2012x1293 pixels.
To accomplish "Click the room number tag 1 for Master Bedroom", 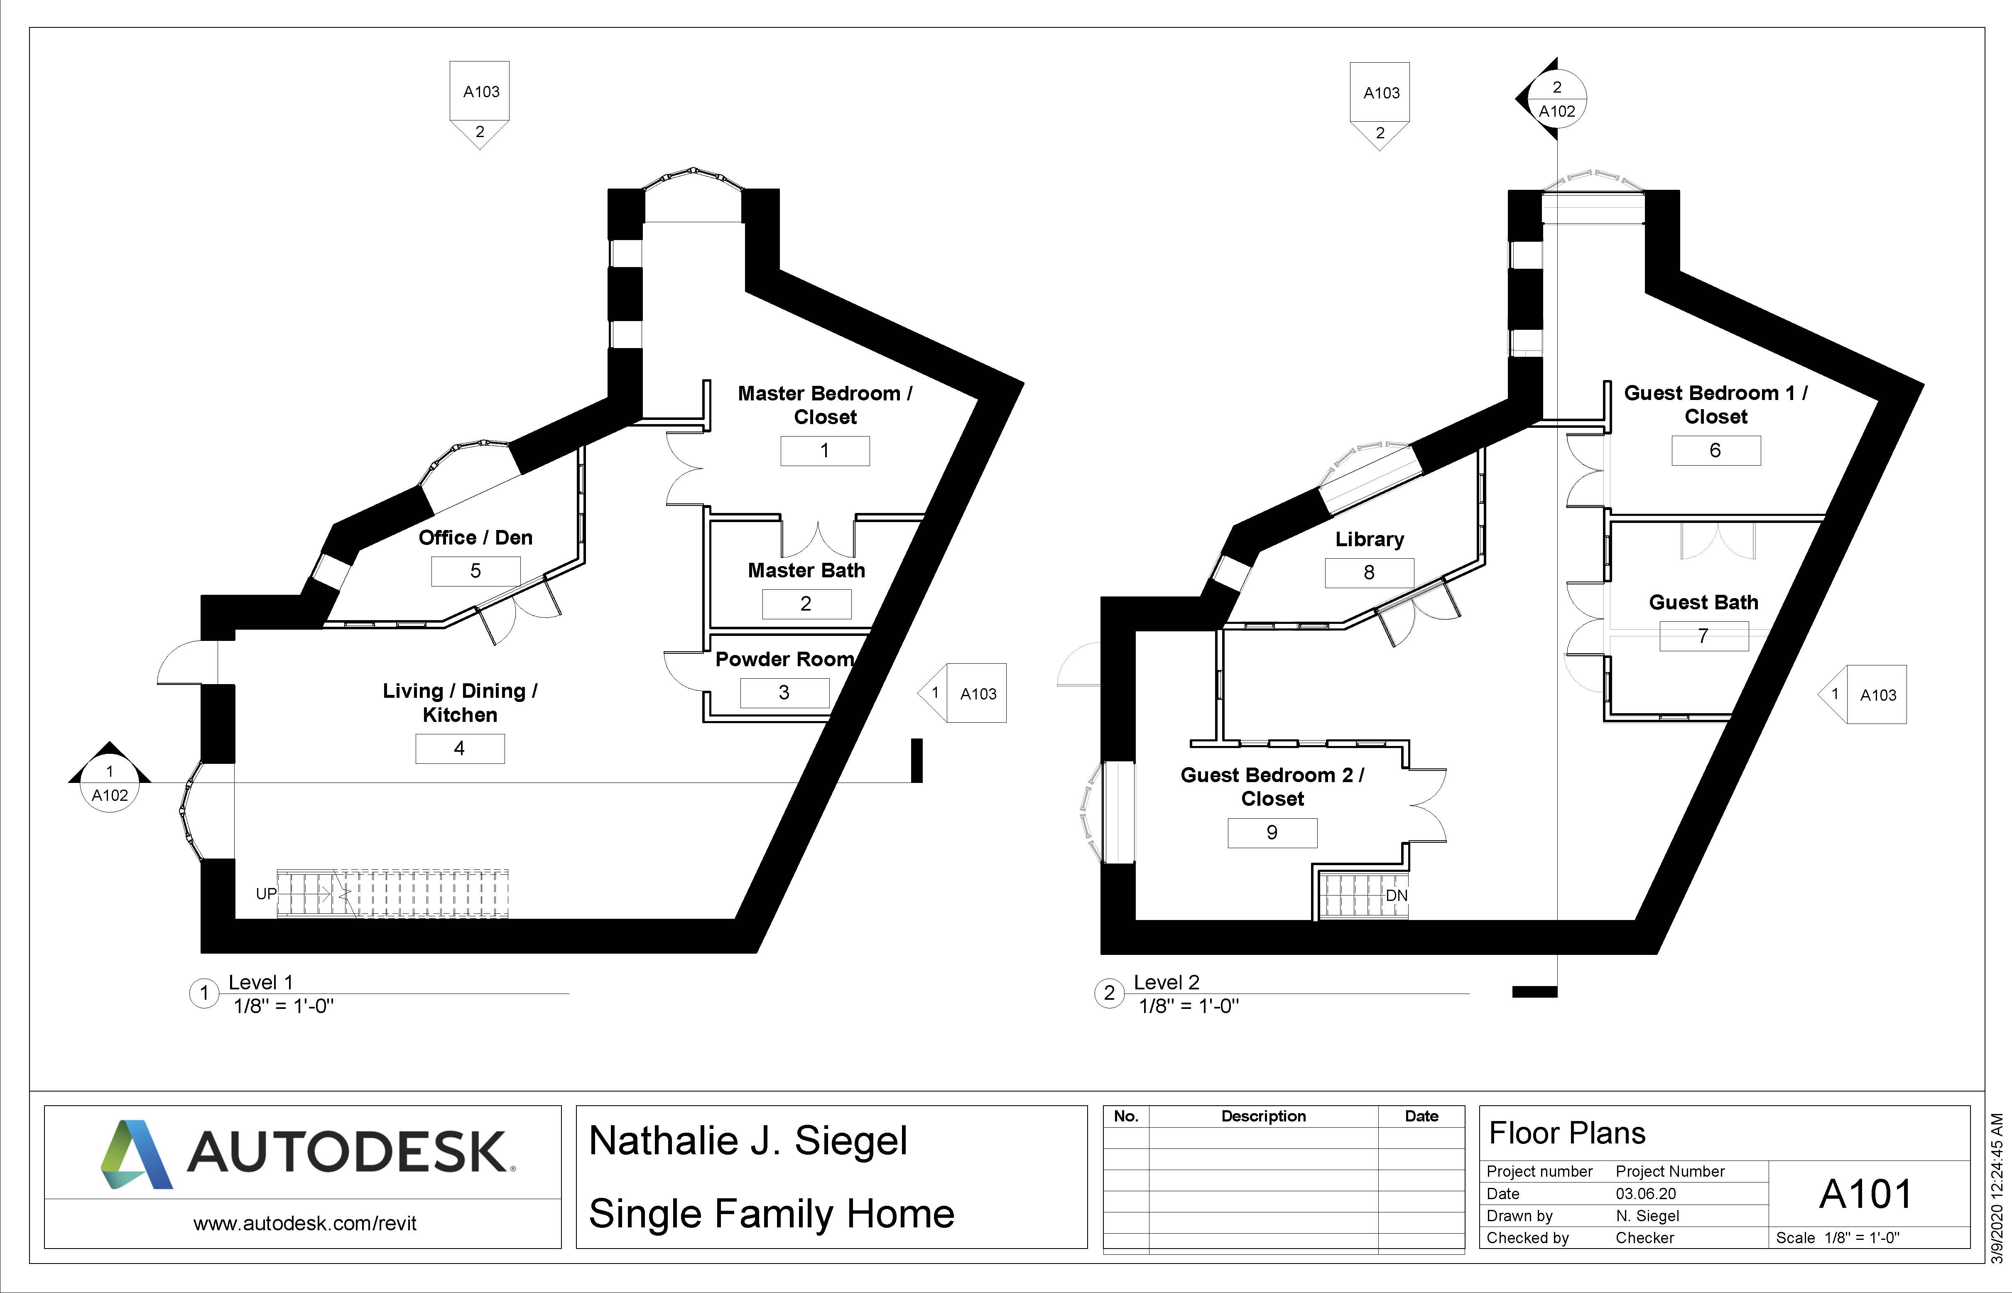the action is click(824, 451).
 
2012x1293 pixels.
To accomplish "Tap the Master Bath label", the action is click(806, 571).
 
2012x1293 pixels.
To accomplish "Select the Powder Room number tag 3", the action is click(784, 693).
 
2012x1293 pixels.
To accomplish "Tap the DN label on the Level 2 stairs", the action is click(1396, 896).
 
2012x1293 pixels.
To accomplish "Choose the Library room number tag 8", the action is click(1369, 573).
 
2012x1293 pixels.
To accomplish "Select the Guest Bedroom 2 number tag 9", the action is click(1272, 833).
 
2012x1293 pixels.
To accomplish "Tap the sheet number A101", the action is click(1865, 1194).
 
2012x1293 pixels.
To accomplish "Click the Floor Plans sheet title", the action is click(1566, 1134).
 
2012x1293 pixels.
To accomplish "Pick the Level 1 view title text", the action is click(260, 982).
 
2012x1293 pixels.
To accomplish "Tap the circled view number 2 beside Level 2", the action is click(1109, 993).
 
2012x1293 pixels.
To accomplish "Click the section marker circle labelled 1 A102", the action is click(109, 783).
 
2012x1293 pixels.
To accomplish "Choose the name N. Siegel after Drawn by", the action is click(1647, 1216).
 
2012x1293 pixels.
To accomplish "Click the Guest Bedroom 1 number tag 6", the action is click(1715, 451).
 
